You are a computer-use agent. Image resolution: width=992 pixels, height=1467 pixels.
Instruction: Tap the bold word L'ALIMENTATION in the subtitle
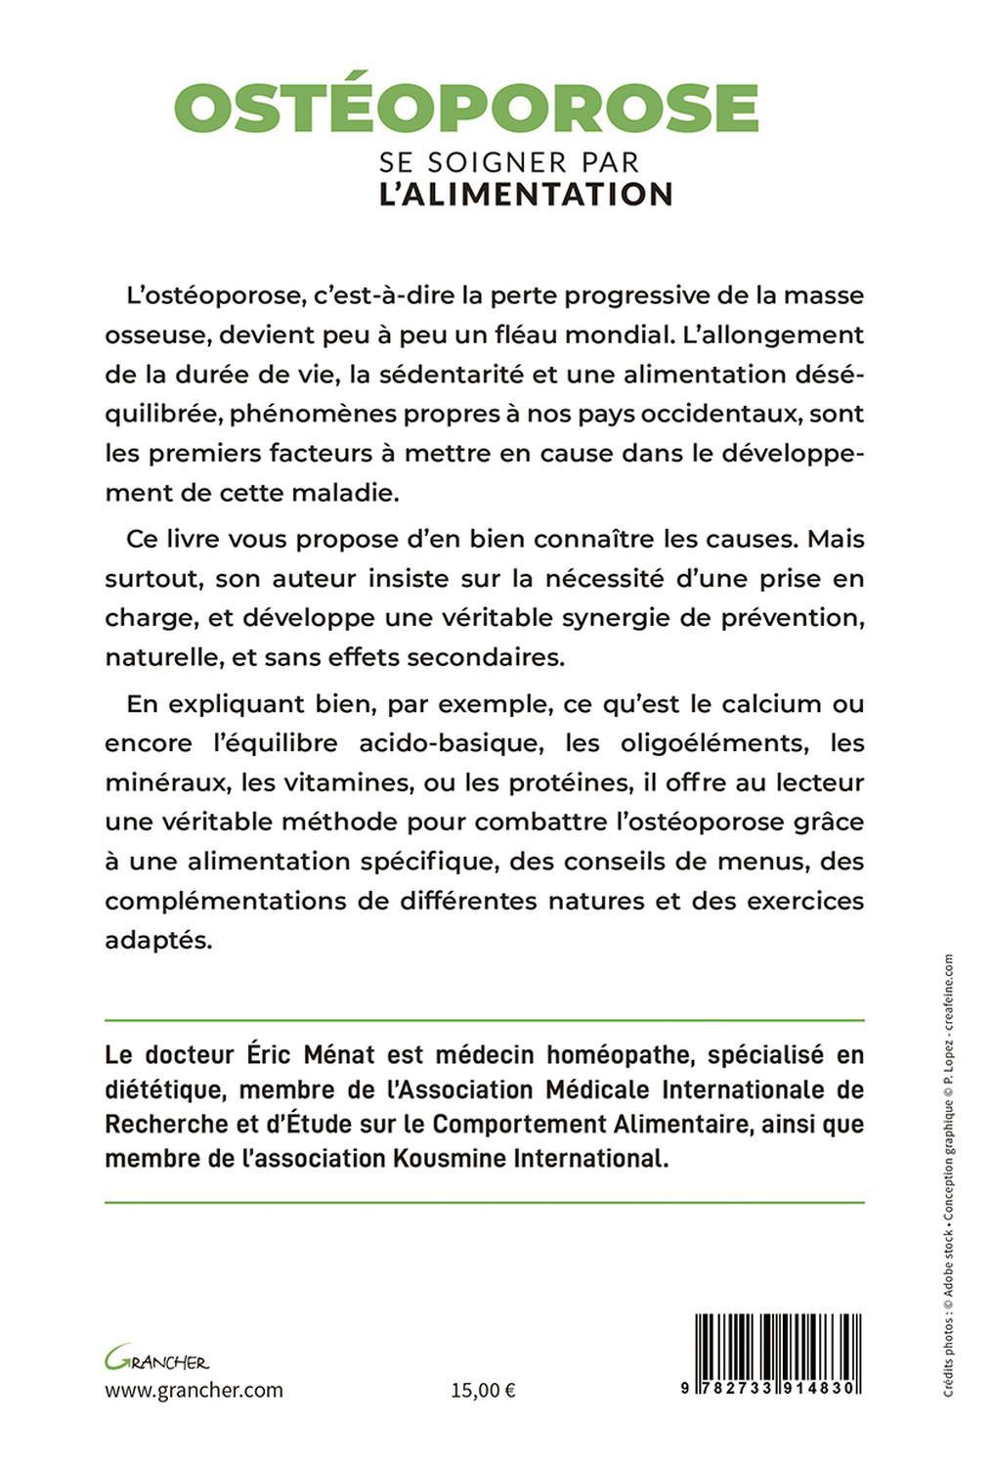(526, 193)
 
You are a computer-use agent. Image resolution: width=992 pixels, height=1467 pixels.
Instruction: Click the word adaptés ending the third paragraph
(157, 941)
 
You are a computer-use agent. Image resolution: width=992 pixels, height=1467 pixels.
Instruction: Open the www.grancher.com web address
(194, 1390)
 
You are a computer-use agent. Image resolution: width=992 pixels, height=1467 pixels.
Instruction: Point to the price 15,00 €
(484, 1390)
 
